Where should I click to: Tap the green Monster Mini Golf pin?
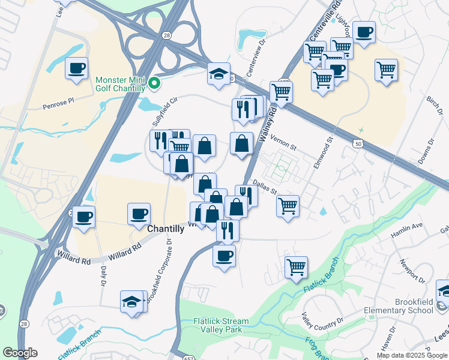154,83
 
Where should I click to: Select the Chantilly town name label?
166,229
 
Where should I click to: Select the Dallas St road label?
264,188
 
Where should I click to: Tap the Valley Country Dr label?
323,326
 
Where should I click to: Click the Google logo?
20,353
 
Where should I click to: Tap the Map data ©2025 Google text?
412,355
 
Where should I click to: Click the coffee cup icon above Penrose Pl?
76,68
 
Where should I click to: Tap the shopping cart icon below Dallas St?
288,205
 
